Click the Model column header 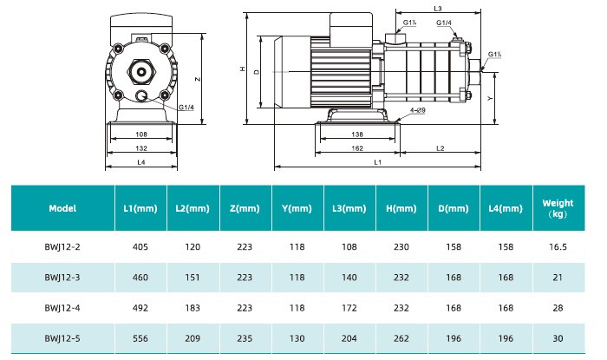click(62, 208)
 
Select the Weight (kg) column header click(558, 208)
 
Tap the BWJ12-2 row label click(62, 247)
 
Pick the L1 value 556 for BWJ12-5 click(140, 338)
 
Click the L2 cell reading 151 click(193, 278)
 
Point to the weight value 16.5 click(558, 247)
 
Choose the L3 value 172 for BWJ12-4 click(349, 308)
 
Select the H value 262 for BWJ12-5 click(401, 338)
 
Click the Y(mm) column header click(297, 208)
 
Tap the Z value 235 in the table click(245, 338)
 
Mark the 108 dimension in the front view click(141, 134)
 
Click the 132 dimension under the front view click(141, 148)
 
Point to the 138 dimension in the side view click(357, 134)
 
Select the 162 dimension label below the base click(357, 148)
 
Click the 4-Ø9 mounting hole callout click(418, 110)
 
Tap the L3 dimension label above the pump click(438, 9)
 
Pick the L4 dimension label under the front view click(141, 162)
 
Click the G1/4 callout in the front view click(186, 108)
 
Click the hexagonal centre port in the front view click(141, 72)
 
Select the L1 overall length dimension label click(377, 162)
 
